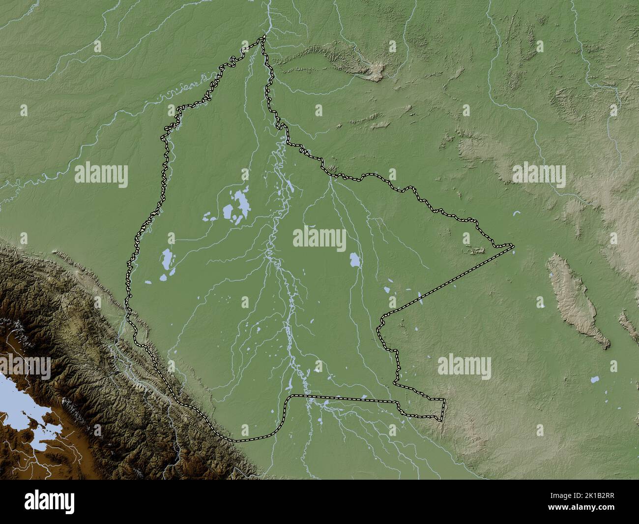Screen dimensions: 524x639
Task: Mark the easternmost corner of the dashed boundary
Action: click(x=513, y=244)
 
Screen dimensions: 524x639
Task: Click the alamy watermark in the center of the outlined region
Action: click(x=319, y=240)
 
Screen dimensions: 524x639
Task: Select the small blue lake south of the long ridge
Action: click(x=595, y=380)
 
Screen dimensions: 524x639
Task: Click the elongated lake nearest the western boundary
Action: click(x=168, y=258)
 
